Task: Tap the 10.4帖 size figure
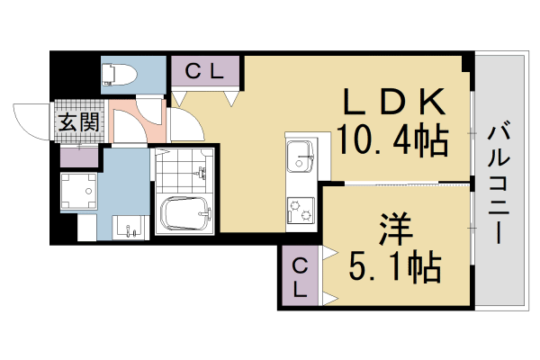(x=392, y=139)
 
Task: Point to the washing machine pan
(x=78, y=191)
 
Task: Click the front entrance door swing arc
(x=31, y=121)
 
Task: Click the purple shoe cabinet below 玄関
(x=79, y=155)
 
